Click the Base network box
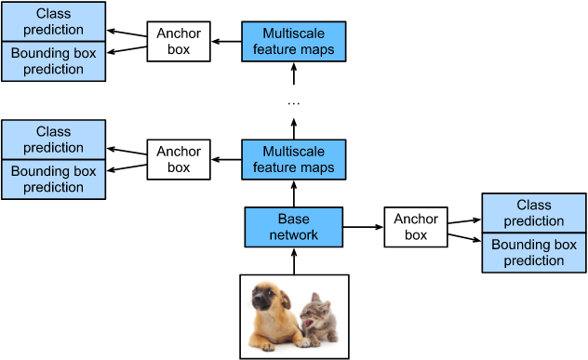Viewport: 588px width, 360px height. click(x=294, y=227)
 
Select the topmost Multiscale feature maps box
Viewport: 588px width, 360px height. click(x=294, y=41)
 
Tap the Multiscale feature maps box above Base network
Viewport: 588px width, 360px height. click(x=294, y=159)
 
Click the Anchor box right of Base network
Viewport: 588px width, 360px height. click(x=416, y=227)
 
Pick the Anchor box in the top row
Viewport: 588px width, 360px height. click(x=179, y=41)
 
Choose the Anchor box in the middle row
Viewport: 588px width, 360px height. click(x=179, y=159)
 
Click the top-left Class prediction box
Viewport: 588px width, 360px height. click(x=54, y=21)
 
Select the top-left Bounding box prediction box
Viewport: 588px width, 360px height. click(x=54, y=61)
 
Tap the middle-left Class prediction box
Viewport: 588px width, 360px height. click(x=54, y=140)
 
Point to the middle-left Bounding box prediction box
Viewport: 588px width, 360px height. click(x=54, y=180)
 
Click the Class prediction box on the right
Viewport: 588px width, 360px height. click(x=534, y=213)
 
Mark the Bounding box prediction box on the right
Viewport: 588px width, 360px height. click(x=534, y=252)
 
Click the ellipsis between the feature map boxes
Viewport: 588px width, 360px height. click(x=294, y=103)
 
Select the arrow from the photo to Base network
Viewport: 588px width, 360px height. click(x=294, y=261)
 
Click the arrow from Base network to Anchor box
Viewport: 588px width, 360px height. click(x=363, y=227)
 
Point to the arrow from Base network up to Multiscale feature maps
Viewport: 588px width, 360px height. click(x=294, y=193)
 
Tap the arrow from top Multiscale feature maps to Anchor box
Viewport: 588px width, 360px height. click(x=226, y=41)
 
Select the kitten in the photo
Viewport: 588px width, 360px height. click(x=318, y=318)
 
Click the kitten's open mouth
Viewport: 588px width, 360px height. click(x=309, y=323)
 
